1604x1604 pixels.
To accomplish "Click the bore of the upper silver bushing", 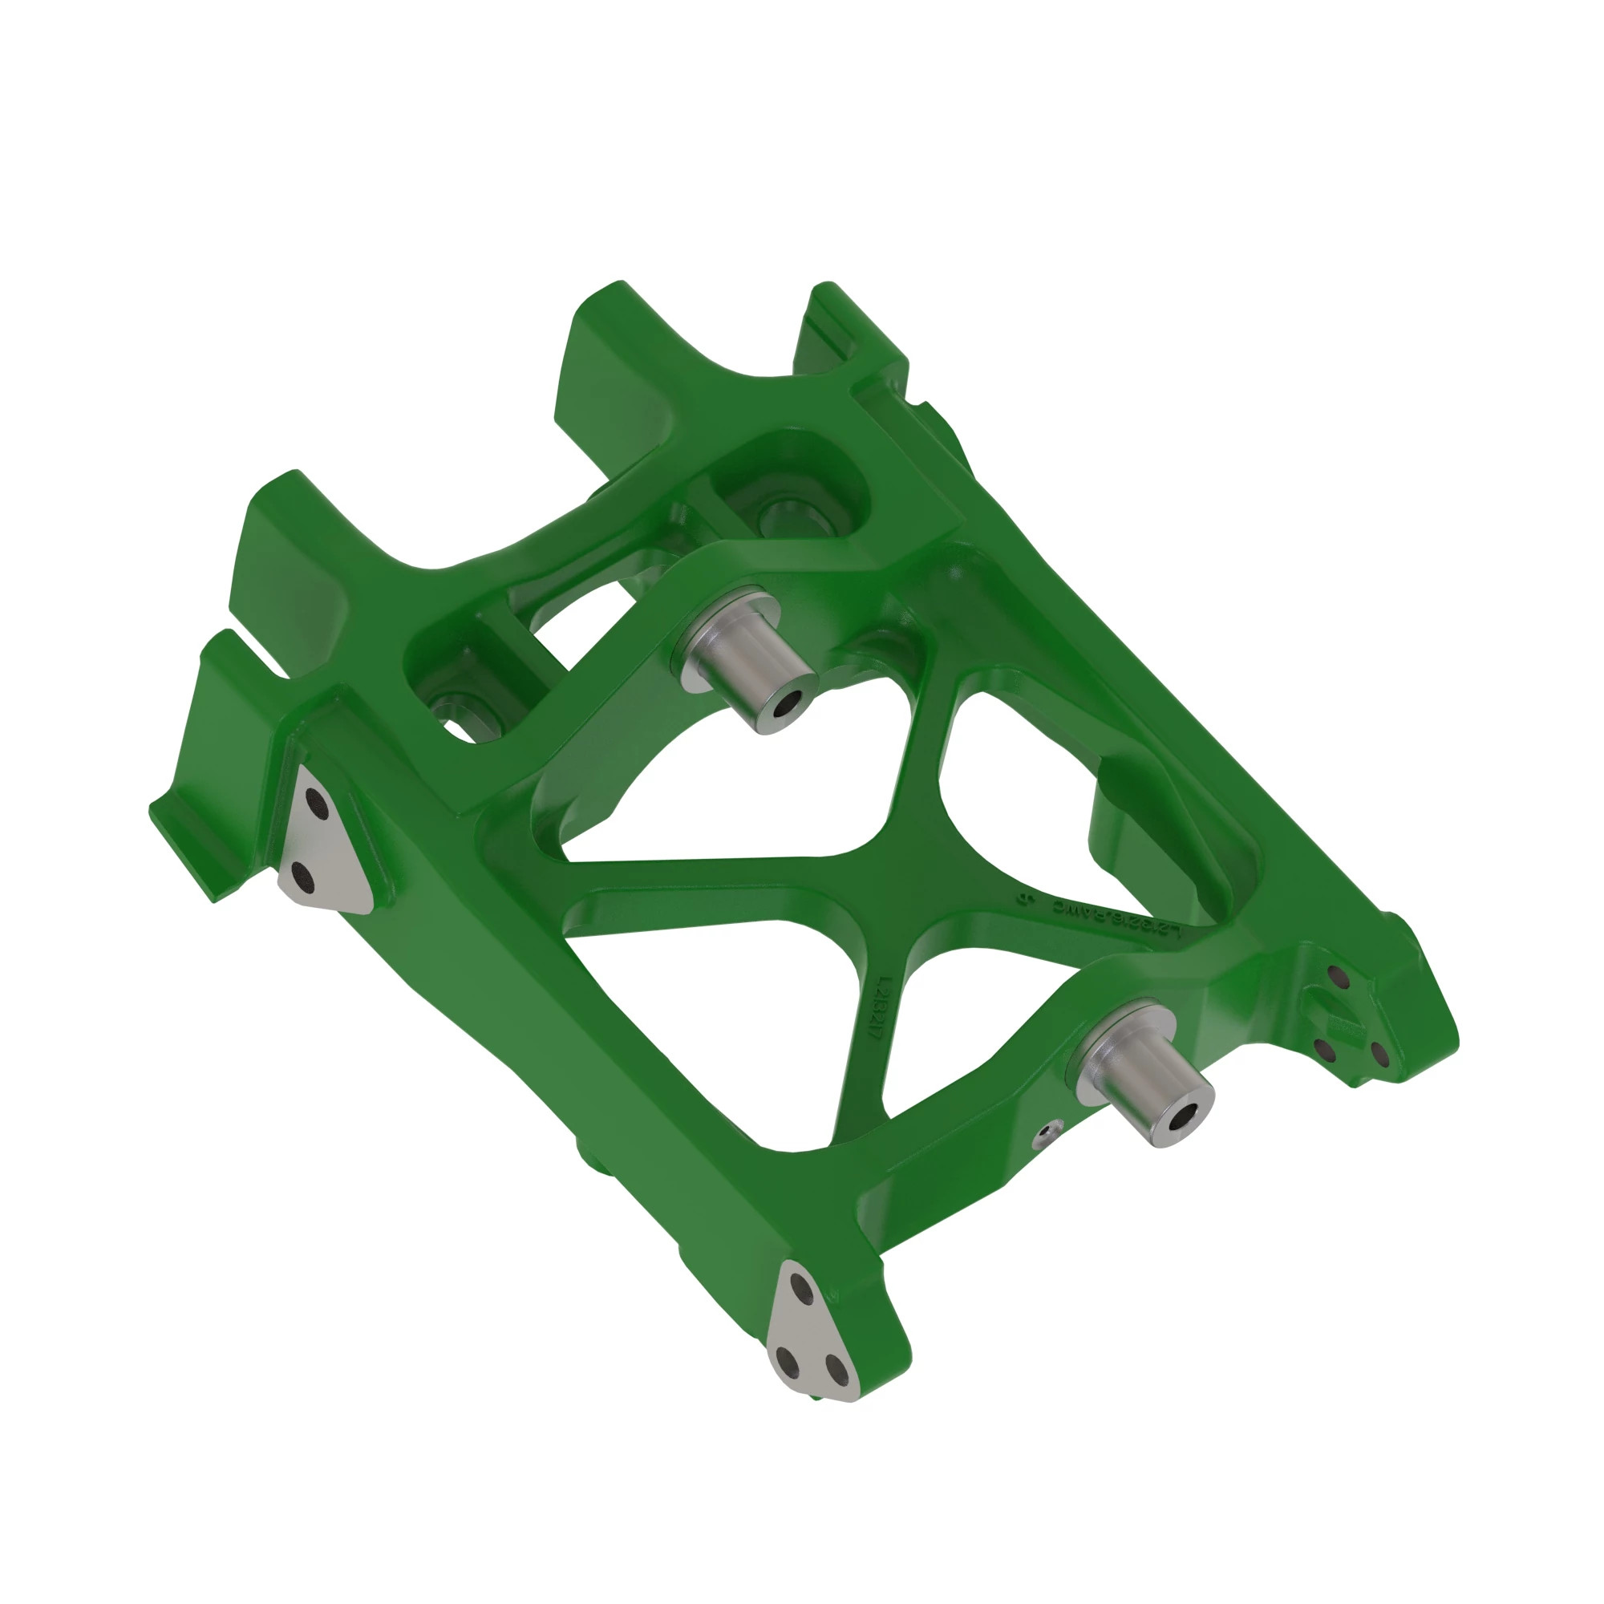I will [783, 706].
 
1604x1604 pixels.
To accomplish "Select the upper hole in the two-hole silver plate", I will [315, 801].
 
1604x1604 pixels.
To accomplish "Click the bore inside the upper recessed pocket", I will [780, 516].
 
